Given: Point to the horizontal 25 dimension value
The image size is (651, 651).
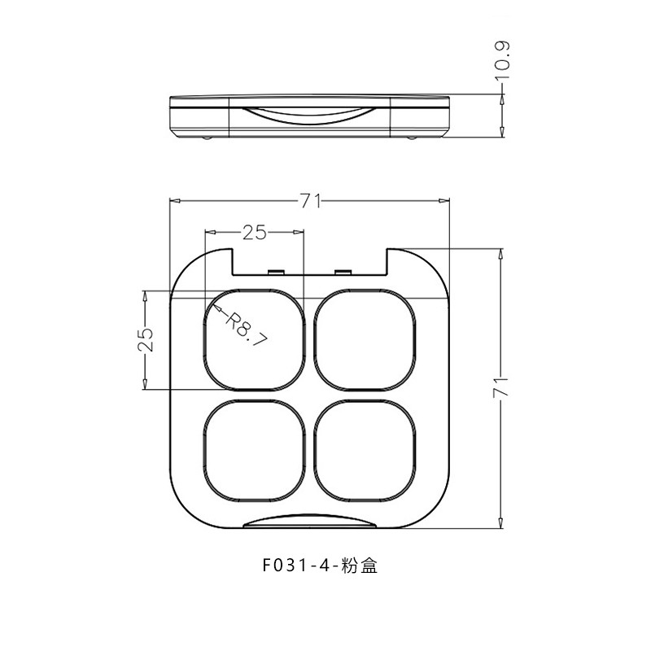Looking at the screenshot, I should coord(254,233).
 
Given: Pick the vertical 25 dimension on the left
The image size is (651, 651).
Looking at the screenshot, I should coord(145,339).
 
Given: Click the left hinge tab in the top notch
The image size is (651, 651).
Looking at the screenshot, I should coord(276,271).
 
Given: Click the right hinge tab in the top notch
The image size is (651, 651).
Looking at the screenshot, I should coord(343,271).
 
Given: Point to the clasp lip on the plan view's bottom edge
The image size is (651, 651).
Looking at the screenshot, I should coord(310,522).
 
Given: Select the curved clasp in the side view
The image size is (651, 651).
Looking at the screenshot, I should coord(310,114).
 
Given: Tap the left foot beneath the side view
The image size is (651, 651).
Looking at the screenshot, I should coord(207,139).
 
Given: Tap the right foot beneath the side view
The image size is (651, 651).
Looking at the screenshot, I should coord(412,139).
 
